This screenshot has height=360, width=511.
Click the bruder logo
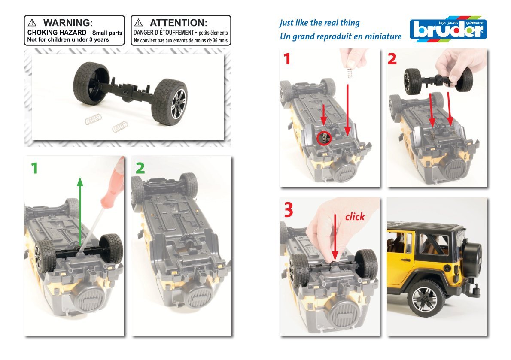(448, 30)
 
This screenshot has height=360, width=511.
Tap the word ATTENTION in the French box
(178, 23)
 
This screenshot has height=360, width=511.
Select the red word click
(355, 217)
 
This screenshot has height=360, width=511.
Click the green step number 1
(34, 169)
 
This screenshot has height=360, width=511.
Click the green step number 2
(140, 169)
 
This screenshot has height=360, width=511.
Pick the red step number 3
(289, 210)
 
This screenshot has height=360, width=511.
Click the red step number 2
(392, 60)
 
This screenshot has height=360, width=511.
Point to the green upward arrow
(80, 206)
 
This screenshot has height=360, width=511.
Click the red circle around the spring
(325, 138)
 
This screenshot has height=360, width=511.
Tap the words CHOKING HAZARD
(58, 33)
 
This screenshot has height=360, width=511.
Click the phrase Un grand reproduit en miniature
(341, 37)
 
